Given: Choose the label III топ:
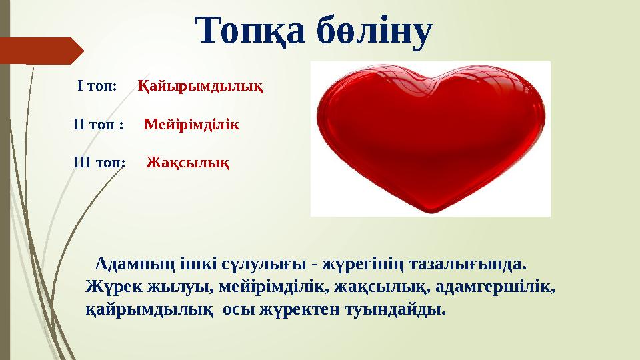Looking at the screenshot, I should pos(99,162).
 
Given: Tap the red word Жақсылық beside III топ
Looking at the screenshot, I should pos(189,162).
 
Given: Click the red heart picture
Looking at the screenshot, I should pos(430,139).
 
